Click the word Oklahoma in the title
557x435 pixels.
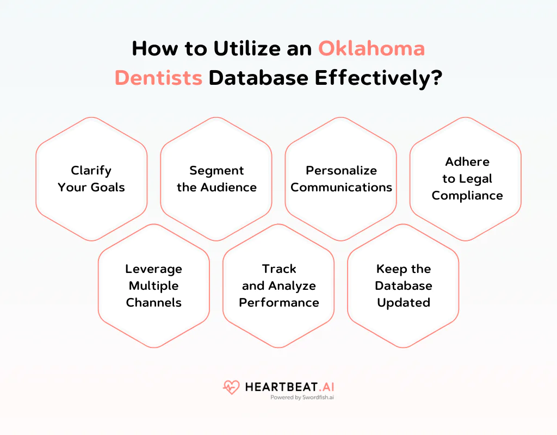pos(372,49)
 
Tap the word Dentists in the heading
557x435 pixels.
pos(158,78)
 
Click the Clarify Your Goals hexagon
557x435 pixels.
pos(91,179)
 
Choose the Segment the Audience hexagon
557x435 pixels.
pos(216,179)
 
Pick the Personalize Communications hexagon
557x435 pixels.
pos(341,179)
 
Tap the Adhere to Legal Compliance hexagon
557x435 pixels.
pos(466,179)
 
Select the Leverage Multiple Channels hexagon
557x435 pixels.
pos(154,285)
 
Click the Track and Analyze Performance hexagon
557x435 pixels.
pos(279,285)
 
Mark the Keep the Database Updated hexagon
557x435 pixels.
pos(403,285)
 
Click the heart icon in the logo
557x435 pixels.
pos(231,387)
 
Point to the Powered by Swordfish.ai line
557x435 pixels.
pos(302,397)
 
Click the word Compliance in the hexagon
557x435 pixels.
pos(467,196)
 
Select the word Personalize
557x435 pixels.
pos(341,171)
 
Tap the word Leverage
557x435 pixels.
pos(154,269)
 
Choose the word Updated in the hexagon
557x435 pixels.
pos(404,302)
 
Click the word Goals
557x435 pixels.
pos(108,188)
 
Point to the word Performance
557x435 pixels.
pos(279,302)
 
